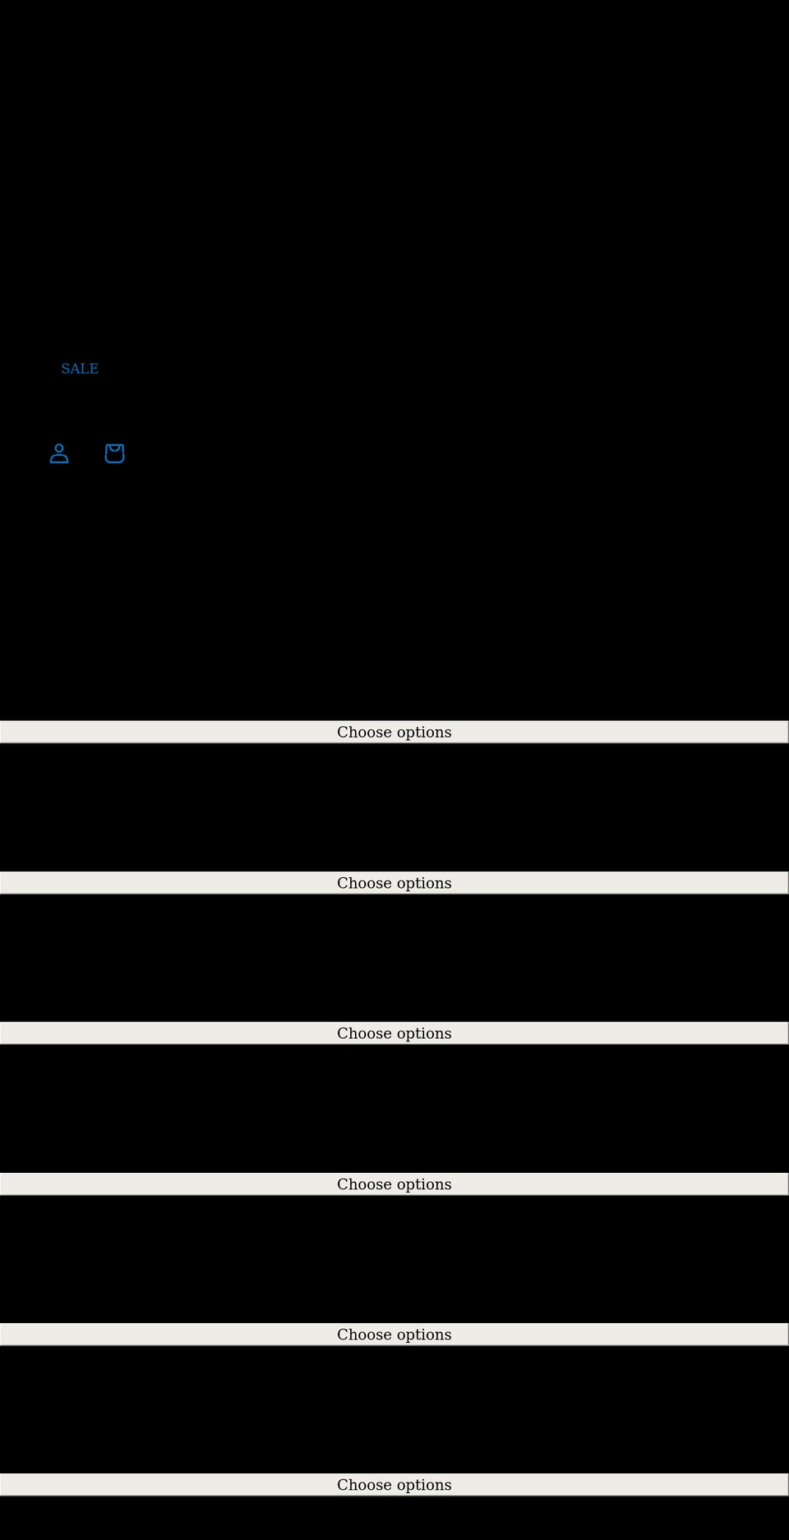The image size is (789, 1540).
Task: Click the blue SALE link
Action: point(80,369)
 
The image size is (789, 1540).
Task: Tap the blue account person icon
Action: point(59,453)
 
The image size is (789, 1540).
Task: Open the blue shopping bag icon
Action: point(114,453)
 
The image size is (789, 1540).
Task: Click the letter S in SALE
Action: point(65,369)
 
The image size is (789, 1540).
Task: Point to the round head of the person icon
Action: point(59,448)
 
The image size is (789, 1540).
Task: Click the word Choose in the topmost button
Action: point(364,732)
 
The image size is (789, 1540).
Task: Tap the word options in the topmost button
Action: point(424,733)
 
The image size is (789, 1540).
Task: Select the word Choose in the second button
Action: point(364,883)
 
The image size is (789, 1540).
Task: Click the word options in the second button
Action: point(424,884)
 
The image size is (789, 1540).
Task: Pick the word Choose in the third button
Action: point(364,1033)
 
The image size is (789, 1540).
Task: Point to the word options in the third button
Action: point(424,1034)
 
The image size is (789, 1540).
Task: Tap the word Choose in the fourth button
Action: point(364,1184)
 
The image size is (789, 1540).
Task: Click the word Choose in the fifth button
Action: point(364,1335)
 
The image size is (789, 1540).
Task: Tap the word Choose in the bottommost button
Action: point(364,1485)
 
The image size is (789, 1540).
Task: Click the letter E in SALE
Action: point(94,369)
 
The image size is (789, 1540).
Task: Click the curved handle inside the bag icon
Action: point(114,448)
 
